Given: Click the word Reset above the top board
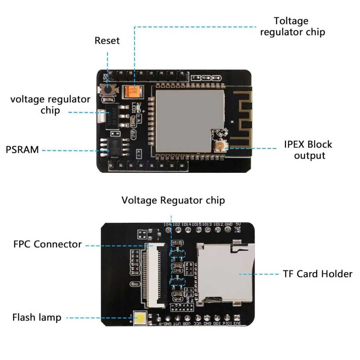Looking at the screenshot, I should (107, 41).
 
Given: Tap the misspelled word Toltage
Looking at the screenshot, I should (291, 21).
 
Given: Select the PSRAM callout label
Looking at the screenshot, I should (22, 150).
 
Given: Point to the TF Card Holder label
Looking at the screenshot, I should (318, 274).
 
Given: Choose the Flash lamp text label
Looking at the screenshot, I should (37, 318).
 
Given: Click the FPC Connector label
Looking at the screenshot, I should (47, 244).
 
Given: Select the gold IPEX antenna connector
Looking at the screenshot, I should (220, 146).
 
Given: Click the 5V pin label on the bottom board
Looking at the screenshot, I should (238, 224).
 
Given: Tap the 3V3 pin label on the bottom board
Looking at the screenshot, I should (238, 324).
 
